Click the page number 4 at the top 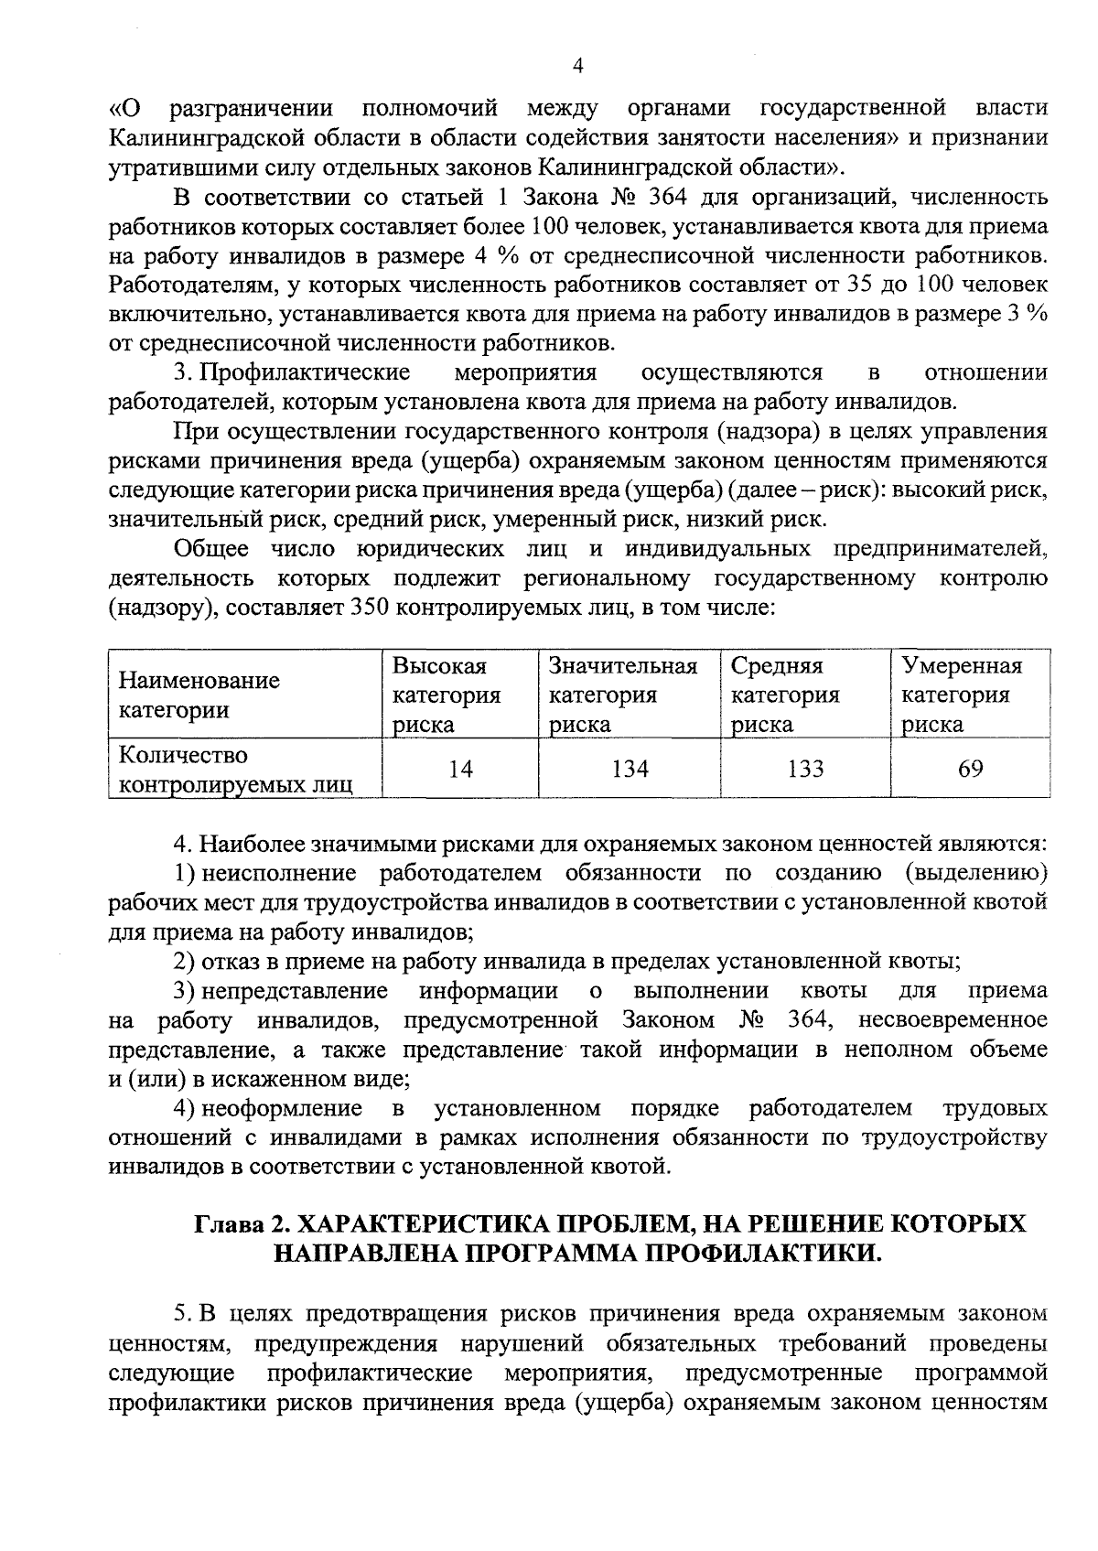576,65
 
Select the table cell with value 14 460,770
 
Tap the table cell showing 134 630,770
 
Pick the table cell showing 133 805,770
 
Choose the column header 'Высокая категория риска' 447,695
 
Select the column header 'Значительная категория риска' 623,695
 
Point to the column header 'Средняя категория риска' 785,695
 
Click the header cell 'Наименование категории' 200,695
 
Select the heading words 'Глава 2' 240,1224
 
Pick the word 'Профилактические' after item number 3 305,372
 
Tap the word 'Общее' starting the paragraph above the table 210,549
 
